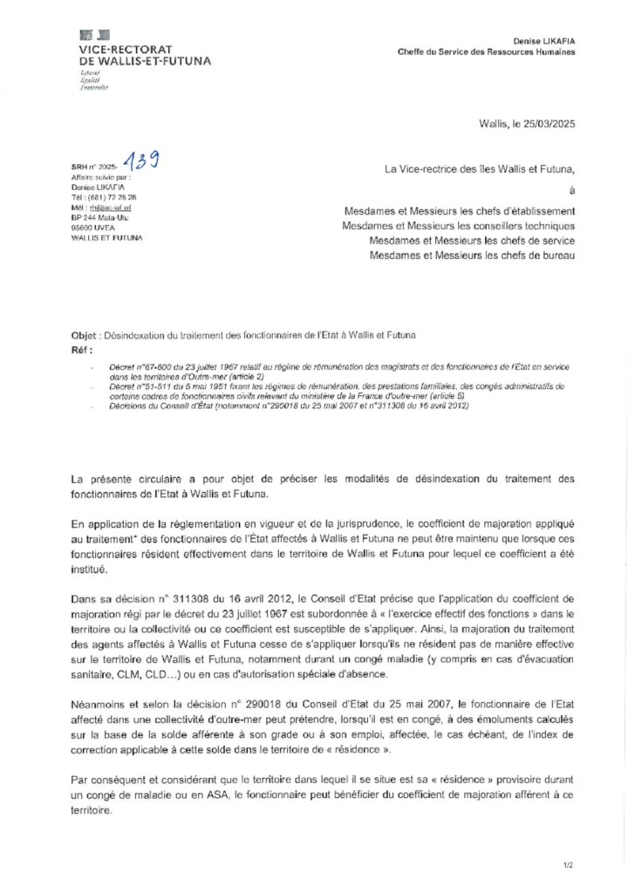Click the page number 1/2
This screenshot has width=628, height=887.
point(568,864)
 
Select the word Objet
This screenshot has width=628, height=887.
point(85,335)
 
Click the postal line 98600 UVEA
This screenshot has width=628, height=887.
point(93,227)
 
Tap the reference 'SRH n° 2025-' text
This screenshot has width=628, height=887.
point(93,166)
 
